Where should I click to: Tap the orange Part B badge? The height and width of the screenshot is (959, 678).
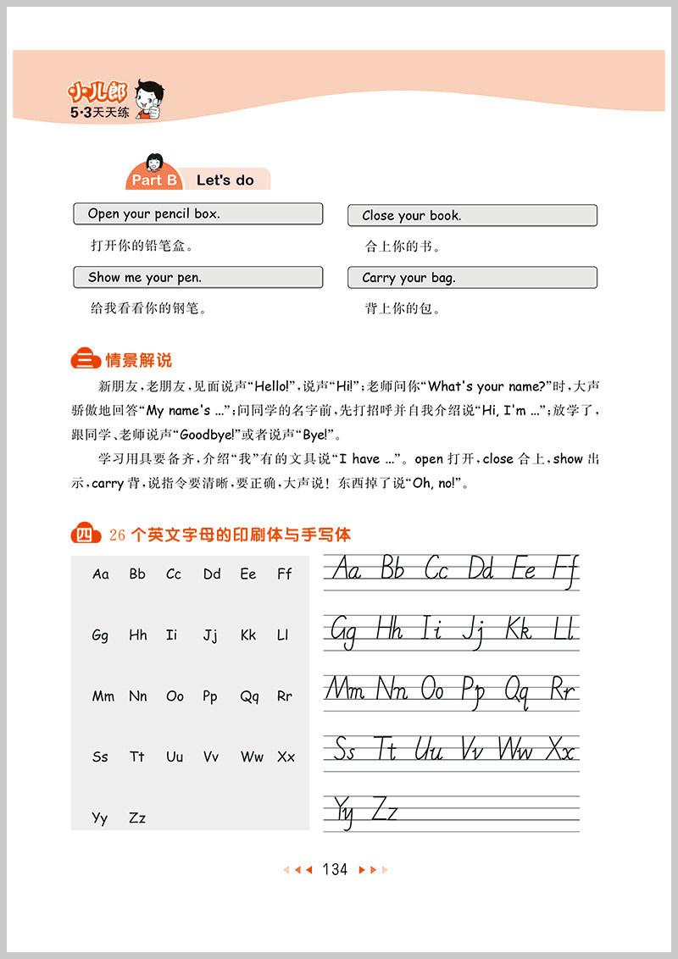coord(153,180)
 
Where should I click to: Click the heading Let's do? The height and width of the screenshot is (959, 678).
coord(225,180)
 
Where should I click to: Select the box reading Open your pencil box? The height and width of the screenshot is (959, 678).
coord(197,213)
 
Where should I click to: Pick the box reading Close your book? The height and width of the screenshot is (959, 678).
coord(472,215)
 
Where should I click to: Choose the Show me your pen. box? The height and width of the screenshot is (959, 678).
coord(197,277)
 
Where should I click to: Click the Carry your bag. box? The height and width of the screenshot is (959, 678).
coord(472,278)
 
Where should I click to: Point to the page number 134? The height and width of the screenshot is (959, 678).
coord(335,869)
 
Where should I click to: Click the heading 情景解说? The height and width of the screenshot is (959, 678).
coord(138,360)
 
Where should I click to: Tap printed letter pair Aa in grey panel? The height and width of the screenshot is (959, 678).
coord(101,574)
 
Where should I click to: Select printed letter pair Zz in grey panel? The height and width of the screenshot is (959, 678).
coord(137,818)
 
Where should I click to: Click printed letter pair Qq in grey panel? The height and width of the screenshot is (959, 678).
coord(249,696)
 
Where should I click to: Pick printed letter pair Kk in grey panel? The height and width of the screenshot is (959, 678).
coord(247,635)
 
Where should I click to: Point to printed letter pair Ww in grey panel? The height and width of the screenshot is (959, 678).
coord(252,757)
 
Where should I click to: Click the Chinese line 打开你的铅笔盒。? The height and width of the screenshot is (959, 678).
coord(142,247)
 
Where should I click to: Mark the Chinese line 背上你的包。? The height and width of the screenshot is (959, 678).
coord(403,309)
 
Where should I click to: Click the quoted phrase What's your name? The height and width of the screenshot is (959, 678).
coord(490,386)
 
